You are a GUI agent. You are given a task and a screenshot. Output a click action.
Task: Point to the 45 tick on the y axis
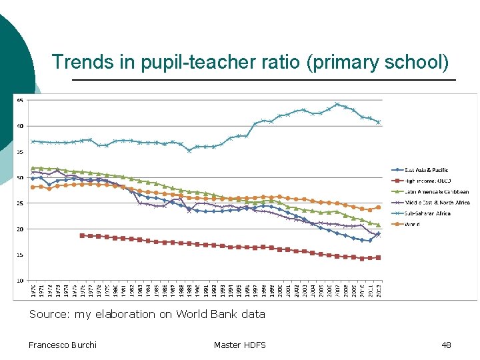(x=20, y=101)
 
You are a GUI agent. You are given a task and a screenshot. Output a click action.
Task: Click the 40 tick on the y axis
(x=20, y=126)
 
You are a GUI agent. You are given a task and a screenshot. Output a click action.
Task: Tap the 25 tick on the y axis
(x=20, y=203)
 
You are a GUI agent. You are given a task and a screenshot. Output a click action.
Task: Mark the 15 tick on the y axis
(x=20, y=255)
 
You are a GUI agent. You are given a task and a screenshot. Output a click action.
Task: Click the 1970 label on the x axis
(x=33, y=290)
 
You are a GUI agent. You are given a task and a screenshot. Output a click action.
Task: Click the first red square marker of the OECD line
(x=82, y=235)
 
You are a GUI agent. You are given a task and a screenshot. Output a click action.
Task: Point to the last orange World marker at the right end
(x=379, y=207)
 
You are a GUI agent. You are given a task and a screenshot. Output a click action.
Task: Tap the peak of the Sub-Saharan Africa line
(x=337, y=104)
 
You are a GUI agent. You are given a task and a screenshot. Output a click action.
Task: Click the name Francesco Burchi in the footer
(x=63, y=345)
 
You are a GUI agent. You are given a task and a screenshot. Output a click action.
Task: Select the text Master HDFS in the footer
(x=239, y=345)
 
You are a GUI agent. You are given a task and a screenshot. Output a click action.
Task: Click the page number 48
(x=446, y=345)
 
